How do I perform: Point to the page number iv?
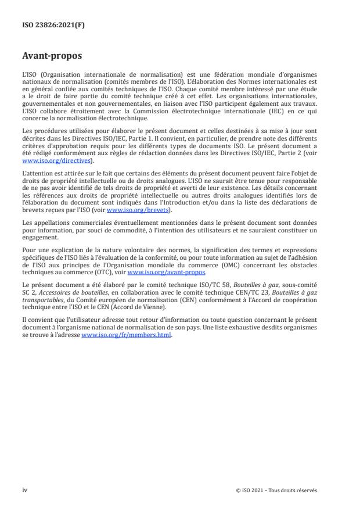pos(24,490)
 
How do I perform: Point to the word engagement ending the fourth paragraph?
pos(39,236)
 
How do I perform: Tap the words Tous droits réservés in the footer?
pos(296,490)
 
